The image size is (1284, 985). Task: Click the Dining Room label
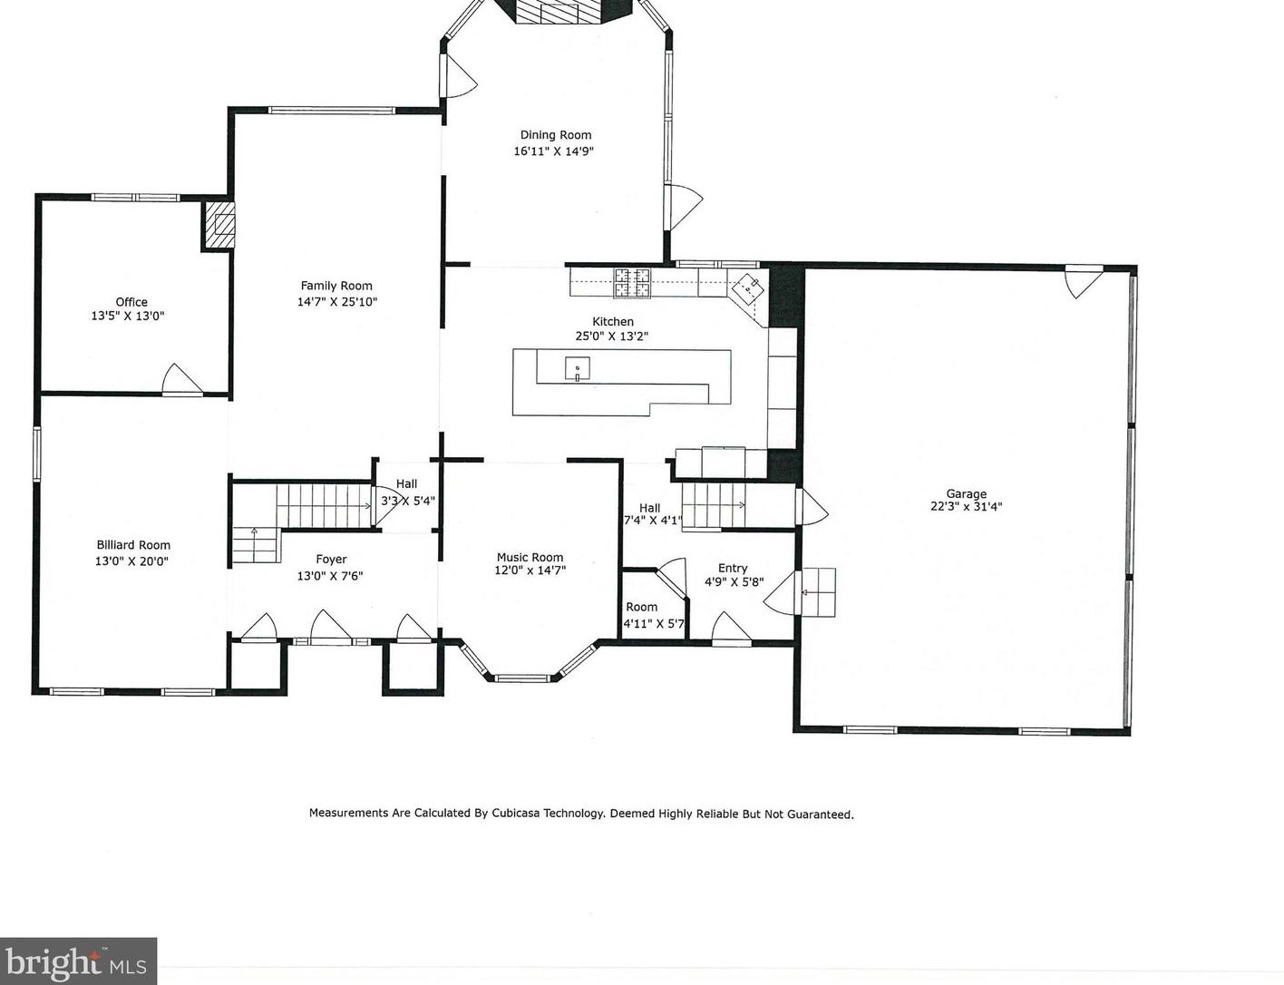click(x=556, y=135)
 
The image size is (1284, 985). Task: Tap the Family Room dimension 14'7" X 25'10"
click(x=336, y=302)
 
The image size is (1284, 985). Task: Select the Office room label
click(x=131, y=302)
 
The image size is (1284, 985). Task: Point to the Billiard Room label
click(x=133, y=545)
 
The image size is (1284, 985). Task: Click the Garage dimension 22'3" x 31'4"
click(x=966, y=506)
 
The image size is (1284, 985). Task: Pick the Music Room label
click(x=530, y=557)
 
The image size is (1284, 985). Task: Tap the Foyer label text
click(x=331, y=559)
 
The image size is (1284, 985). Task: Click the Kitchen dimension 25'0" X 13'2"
click(x=612, y=336)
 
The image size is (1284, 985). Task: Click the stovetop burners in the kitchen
click(x=632, y=282)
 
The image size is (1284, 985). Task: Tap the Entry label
click(x=733, y=568)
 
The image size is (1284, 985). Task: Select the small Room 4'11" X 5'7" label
click(x=642, y=607)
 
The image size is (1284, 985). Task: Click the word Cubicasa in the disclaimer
click(x=515, y=813)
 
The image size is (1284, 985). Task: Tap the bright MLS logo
click(x=78, y=961)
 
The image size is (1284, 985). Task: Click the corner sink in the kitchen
click(x=749, y=288)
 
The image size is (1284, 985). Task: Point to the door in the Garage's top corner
click(x=1083, y=282)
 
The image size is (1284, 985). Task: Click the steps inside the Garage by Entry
click(x=818, y=592)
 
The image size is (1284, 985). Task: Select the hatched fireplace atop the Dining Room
click(x=559, y=11)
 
